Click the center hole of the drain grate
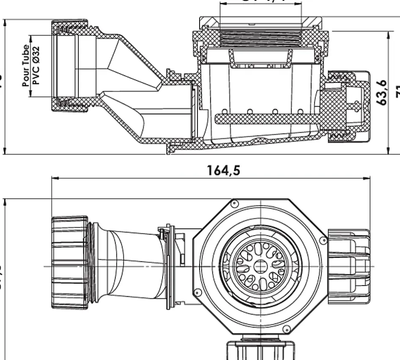point(259,266)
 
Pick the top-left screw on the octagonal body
point(232,204)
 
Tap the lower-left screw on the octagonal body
point(197,292)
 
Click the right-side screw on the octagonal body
point(324,241)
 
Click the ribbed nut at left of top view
point(70,263)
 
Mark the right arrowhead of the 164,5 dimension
point(369,179)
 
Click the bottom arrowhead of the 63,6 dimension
point(389,151)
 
